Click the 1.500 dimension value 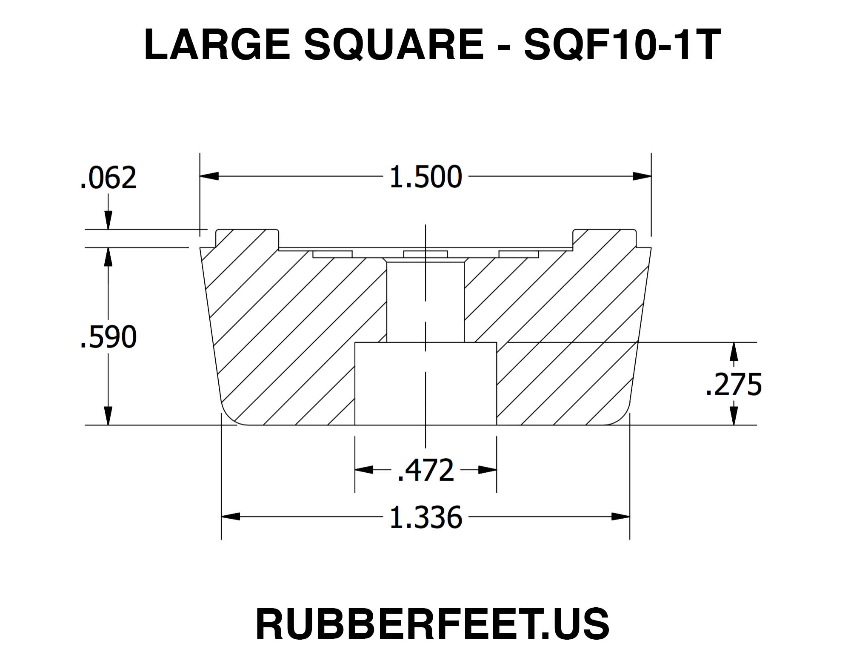tap(425, 177)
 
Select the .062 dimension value tap(109, 178)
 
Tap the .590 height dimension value tap(109, 337)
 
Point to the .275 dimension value tap(734, 385)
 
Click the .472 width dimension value tap(425, 470)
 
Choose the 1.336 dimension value tap(425, 518)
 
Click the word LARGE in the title tap(217, 45)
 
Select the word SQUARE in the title tap(394, 45)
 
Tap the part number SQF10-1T tap(622, 45)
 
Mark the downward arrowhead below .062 tap(109, 221)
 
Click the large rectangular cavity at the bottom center tap(425, 383)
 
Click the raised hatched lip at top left tap(247, 238)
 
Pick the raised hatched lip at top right tap(604, 238)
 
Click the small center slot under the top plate tap(425, 254)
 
